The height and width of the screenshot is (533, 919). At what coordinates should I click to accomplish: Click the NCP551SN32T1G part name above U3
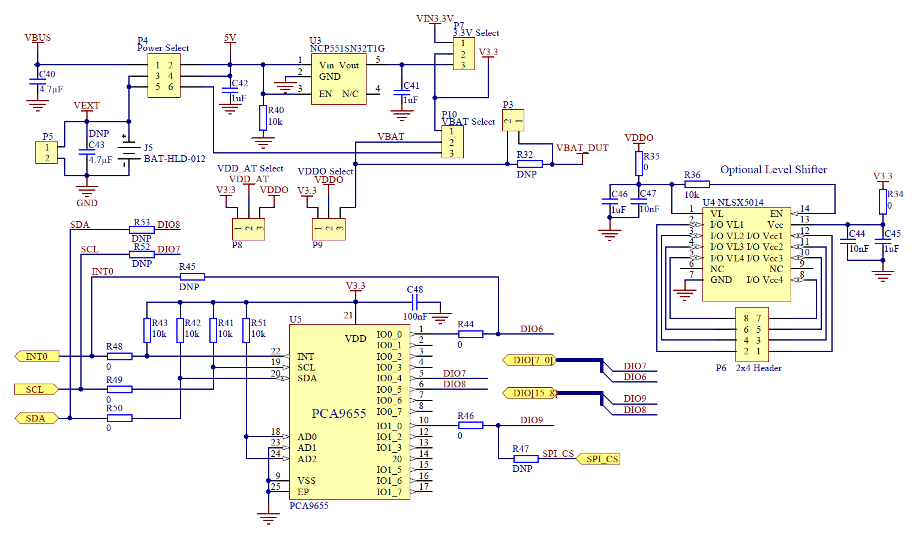pos(347,49)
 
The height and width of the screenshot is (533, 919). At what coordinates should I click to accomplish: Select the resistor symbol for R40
pos(263,118)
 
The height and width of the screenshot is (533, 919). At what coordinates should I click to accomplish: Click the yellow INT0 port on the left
pos(36,357)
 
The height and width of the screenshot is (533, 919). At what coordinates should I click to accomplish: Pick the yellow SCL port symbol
pos(36,390)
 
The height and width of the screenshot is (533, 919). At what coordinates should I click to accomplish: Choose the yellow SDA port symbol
pos(36,418)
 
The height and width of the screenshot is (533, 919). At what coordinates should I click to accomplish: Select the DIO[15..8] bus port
pos(530,393)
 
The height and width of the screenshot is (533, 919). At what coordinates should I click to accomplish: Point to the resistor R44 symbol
pos(470,334)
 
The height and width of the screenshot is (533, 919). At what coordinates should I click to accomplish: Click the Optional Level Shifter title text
pos(773,170)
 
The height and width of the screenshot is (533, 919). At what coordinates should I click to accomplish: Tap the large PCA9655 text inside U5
pos(338,414)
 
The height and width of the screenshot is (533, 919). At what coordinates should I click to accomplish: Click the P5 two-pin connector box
pos(47,152)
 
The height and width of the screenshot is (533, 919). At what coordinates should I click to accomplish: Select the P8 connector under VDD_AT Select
pos(248,229)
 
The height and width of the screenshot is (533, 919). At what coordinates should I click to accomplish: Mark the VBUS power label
pos(38,38)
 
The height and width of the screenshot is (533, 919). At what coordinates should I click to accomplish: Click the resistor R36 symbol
pos(696,185)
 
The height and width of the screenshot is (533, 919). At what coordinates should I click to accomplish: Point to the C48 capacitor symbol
pos(415,302)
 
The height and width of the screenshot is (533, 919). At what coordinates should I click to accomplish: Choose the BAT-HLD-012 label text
pos(175,159)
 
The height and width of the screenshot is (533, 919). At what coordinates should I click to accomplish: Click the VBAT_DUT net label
pos(582,148)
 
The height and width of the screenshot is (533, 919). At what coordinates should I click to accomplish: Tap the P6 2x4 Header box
pos(752,335)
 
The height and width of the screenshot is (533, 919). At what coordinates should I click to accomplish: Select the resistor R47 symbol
pos(525,459)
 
